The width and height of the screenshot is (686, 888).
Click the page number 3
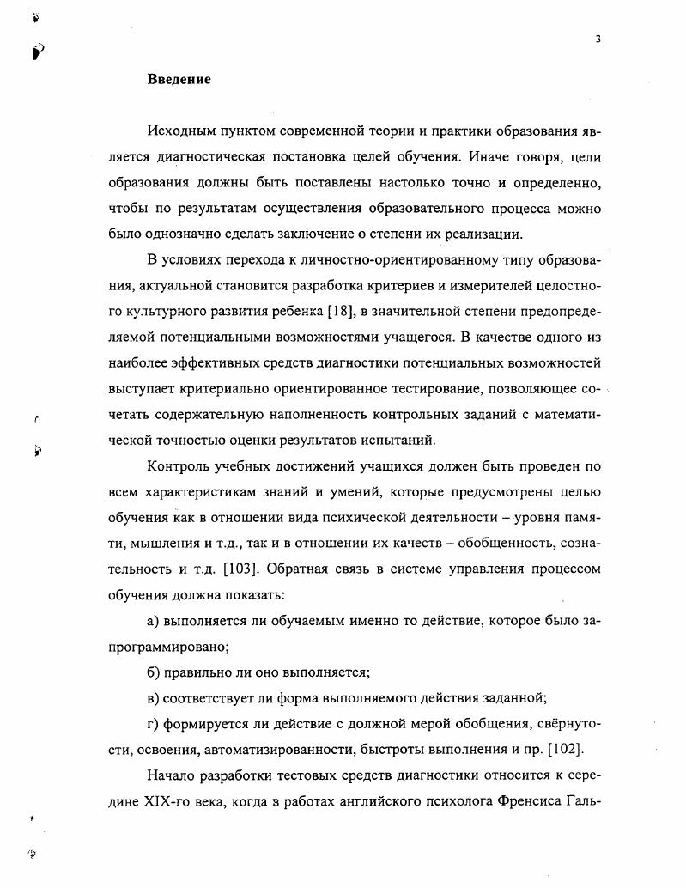tap(597, 39)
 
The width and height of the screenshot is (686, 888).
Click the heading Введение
tap(179, 79)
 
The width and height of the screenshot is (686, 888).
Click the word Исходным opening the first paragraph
tap(180, 131)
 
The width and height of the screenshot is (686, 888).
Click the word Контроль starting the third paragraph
tap(179, 466)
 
